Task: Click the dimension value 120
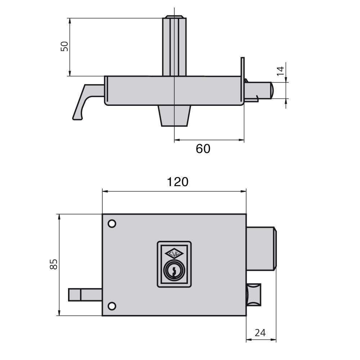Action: [177, 182]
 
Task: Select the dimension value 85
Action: [54, 264]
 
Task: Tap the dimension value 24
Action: [260, 332]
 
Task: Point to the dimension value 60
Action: [203, 149]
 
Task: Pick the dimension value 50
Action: [64, 46]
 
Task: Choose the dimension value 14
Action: [280, 71]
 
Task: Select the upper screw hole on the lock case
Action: [112, 224]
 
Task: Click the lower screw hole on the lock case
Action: [112, 306]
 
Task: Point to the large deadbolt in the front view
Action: [261, 248]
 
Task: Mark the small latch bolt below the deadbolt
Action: [253, 295]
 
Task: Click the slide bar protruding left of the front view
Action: [85, 295]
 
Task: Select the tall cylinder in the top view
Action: [174, 46]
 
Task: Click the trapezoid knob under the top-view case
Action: [174, 116]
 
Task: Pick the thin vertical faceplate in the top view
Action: [242, 79]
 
